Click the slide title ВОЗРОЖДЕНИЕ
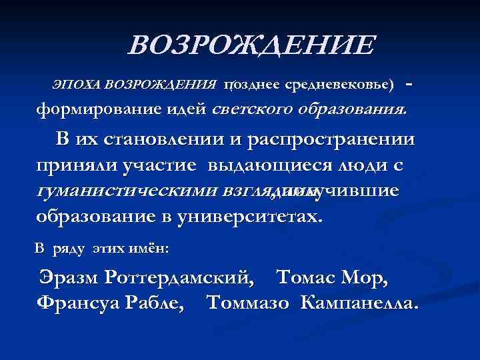point(251,47)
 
